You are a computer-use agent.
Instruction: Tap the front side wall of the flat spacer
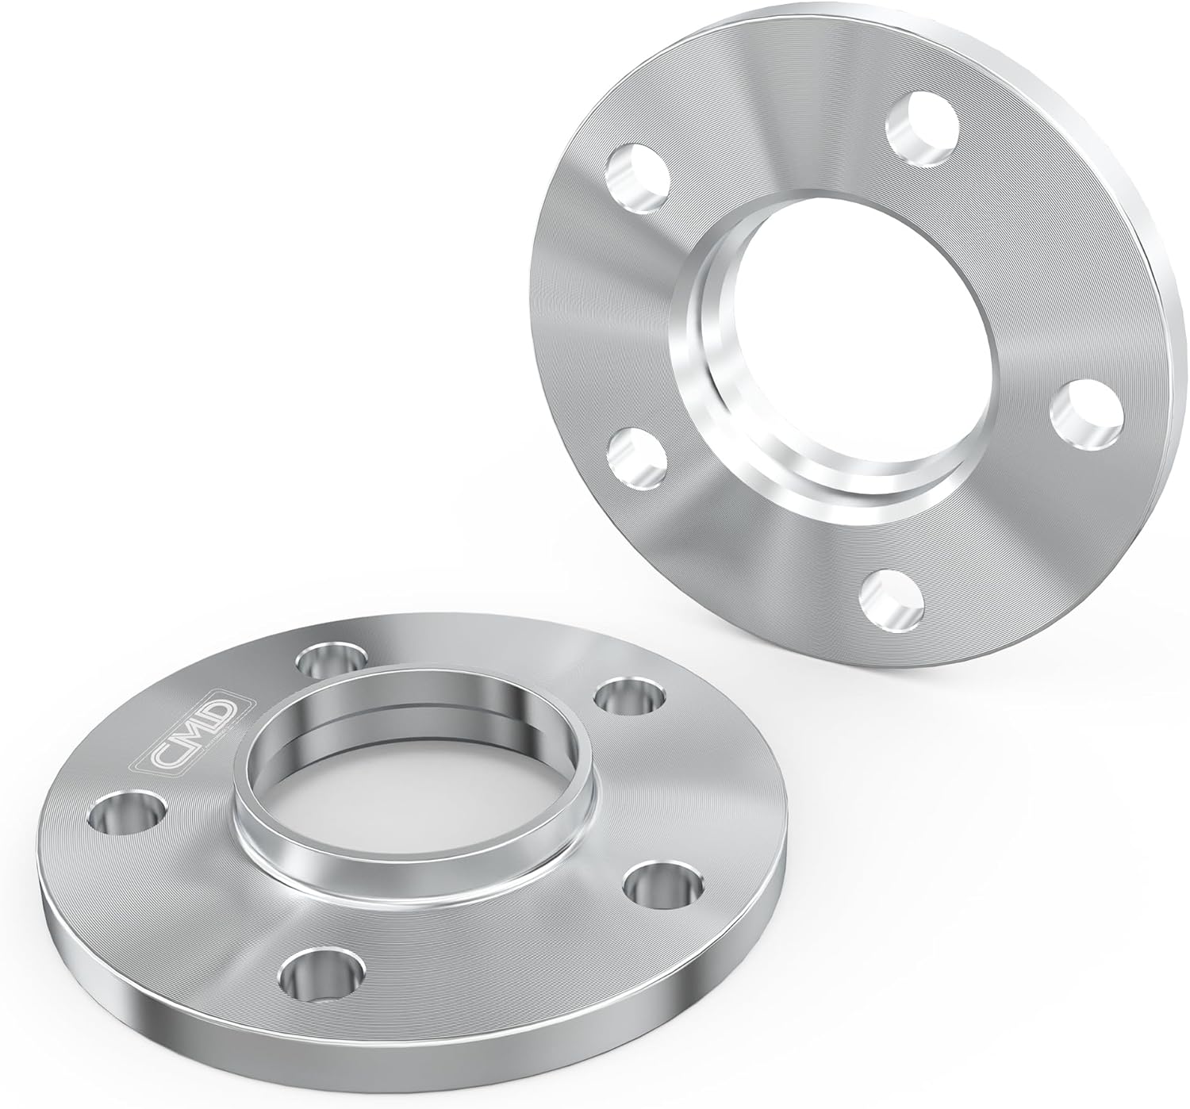317,1039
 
